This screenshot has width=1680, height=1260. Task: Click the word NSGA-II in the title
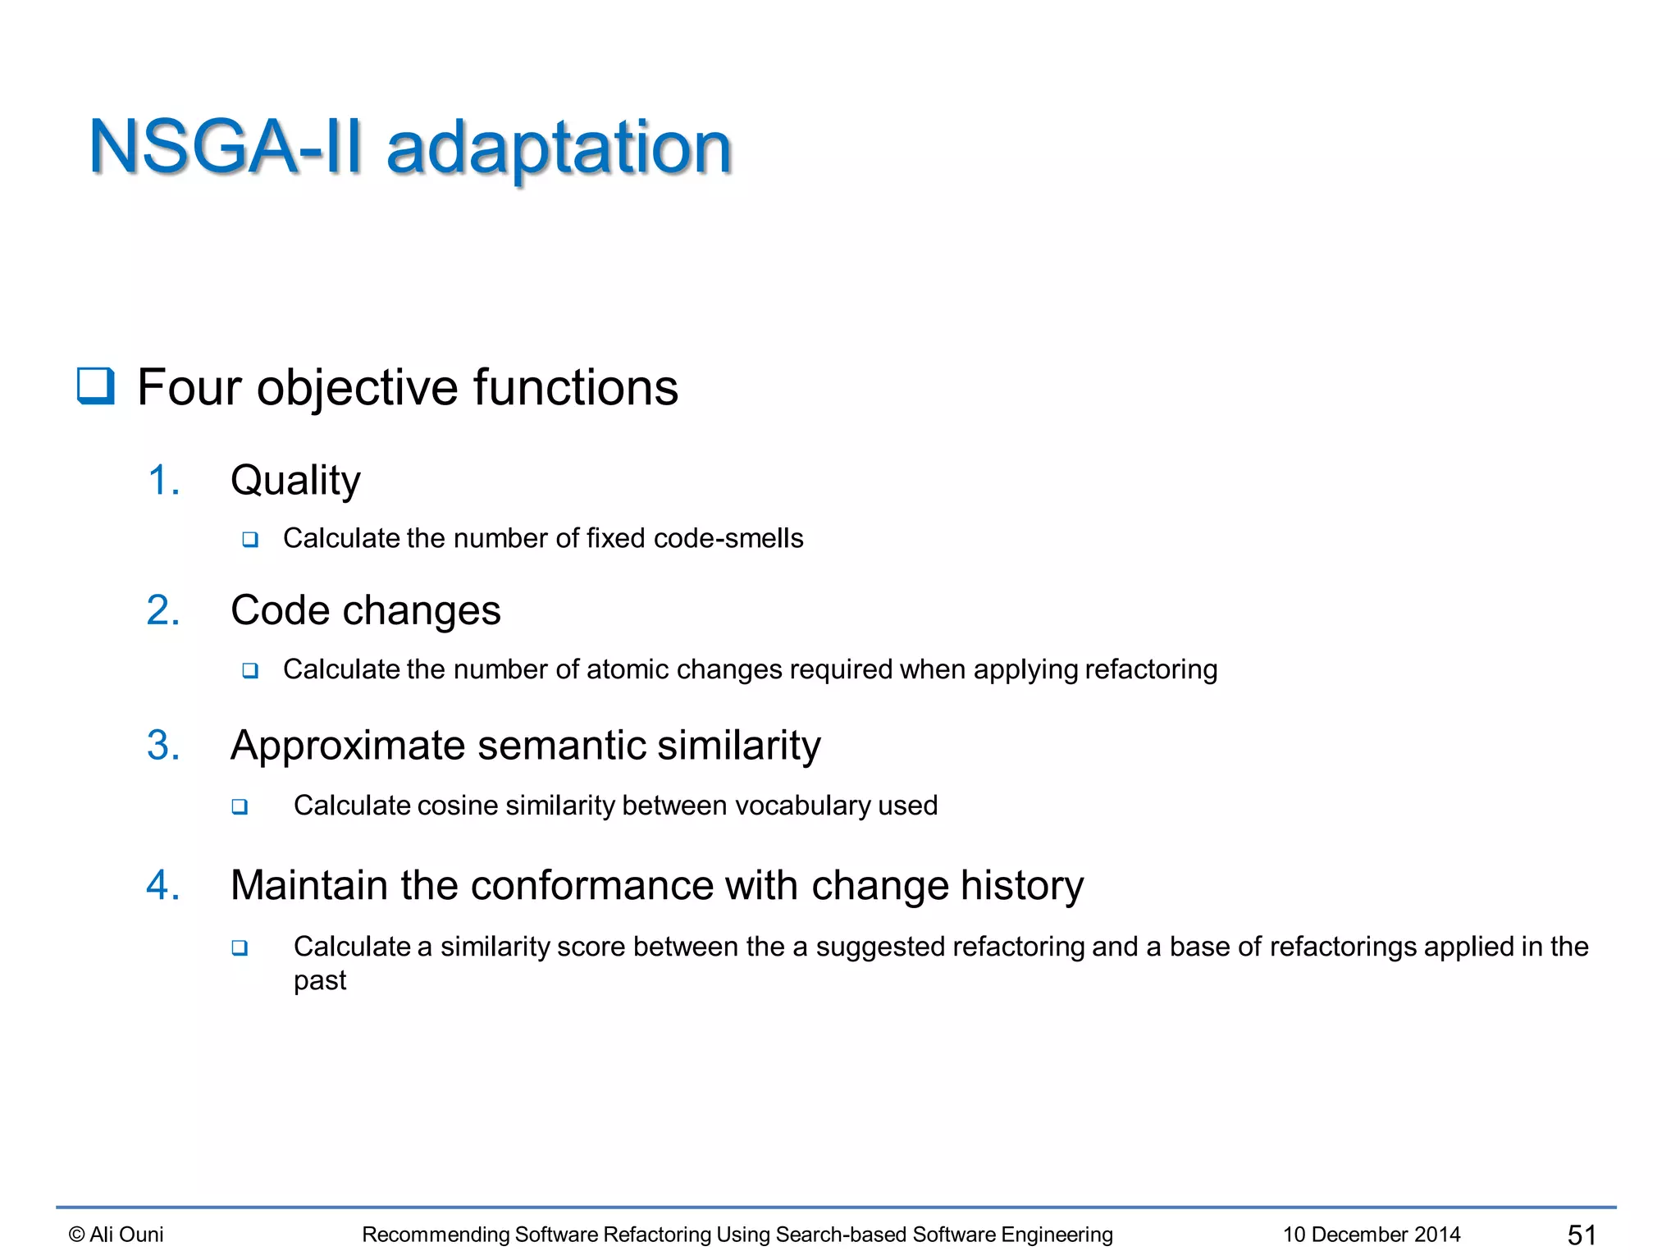pos(225,148)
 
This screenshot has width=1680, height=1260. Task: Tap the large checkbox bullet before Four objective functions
pos(96,386)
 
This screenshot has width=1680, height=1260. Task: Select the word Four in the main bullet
pos(189,387)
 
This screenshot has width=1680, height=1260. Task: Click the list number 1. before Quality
pos(163,480)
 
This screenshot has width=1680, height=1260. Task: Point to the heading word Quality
pos(295,481)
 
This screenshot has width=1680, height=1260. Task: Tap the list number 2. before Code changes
pos(163,610)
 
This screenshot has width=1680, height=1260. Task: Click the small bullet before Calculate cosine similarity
pos(240,806)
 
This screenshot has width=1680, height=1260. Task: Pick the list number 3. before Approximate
pos(163,746)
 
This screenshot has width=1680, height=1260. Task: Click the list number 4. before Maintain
pos(163,886)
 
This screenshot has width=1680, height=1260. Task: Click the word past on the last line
pos(320,981)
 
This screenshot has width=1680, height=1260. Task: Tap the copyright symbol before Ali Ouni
pos(76,1235)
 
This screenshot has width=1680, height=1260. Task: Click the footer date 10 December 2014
pos(1372,1235)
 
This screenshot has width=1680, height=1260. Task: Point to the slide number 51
pos(1582,1235)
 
